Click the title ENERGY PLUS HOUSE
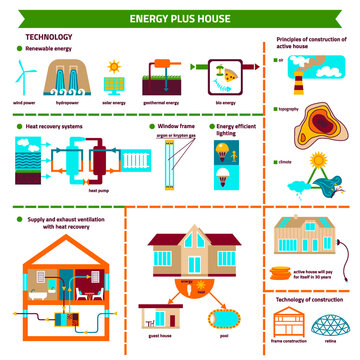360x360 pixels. [180, 17]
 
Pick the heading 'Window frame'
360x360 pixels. [176, 127]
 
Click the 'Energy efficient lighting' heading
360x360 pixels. [236, 131]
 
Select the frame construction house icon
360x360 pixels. [289, 322]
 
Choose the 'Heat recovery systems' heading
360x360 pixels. [51, 127]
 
